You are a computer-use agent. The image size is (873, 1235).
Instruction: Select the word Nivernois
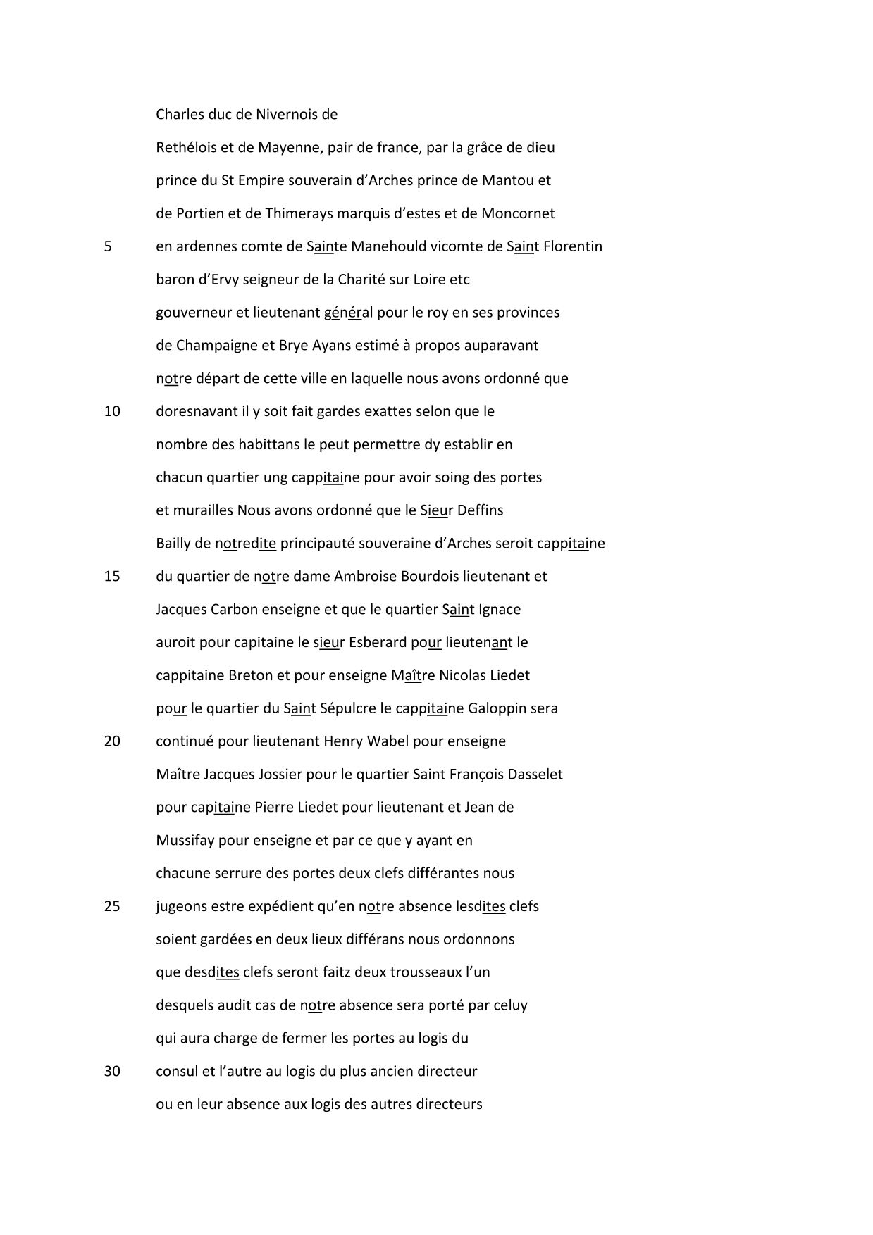271,114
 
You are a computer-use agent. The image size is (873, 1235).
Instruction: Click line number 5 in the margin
108,246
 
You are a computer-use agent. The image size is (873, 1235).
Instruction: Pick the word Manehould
384,246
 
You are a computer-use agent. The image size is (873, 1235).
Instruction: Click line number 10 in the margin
112,411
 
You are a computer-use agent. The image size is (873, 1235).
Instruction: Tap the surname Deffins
481,510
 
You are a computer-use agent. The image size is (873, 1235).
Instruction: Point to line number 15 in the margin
112,576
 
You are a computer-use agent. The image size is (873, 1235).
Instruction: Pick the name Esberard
373,642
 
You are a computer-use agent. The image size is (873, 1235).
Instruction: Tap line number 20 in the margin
112,741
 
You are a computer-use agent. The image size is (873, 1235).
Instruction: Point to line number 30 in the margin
112,1071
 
